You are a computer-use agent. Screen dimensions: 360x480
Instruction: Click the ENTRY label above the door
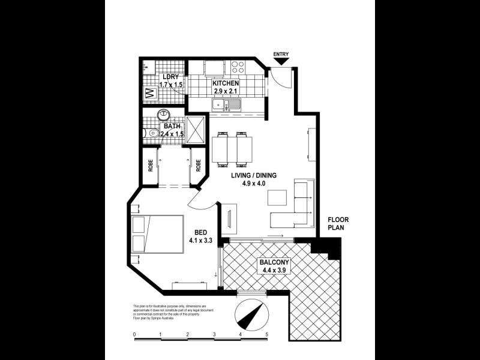[281, 55]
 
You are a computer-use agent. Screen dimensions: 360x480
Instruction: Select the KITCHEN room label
[226, 83]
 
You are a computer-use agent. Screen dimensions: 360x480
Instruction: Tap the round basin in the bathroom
[163, 115]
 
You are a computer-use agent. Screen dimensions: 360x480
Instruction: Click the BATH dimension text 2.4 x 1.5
[172, 134]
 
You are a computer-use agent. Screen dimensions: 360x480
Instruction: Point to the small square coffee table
[277, 197]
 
